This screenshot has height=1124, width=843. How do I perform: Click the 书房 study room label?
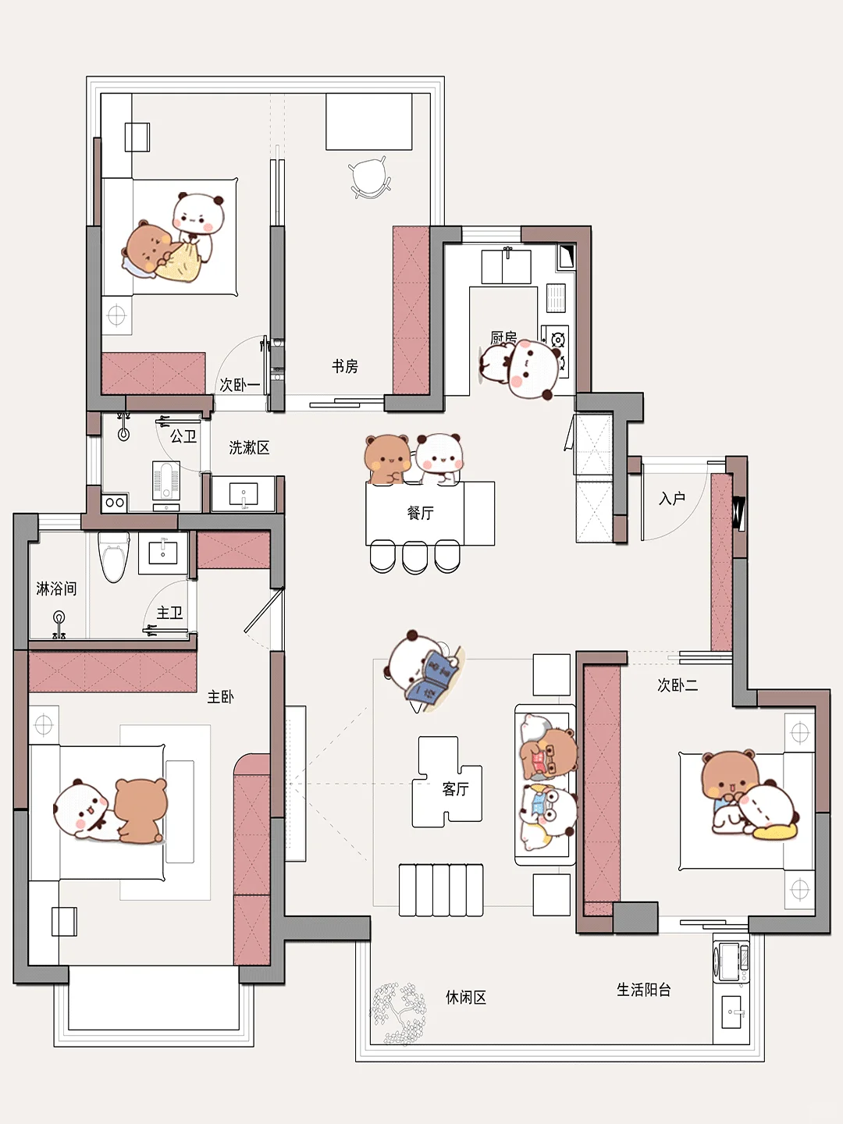(x=344, y=366)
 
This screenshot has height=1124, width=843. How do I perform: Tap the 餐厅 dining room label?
(x=420, y=513)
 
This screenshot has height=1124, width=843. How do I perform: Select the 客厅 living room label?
(x=455, y=788)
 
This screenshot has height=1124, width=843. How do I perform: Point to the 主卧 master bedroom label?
(x=220, y=696)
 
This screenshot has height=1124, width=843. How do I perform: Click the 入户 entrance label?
(x=671, y=498)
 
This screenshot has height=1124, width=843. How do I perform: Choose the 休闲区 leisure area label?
(x=466, y=997)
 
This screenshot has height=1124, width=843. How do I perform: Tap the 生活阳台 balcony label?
(x=643, y=990)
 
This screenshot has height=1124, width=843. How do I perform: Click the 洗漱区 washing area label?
(x=249, y=447)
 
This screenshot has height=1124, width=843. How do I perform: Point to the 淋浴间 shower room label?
(x=56, y=589)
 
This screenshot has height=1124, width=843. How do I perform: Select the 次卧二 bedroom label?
(x=678, y=685)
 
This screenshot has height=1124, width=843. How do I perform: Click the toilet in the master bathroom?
(x=114, y=557)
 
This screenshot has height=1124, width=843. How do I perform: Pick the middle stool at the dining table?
(x=414, y=557)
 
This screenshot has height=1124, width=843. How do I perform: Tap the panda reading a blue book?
(x=423, y=669)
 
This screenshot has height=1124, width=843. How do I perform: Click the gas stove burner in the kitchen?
(x=558, y=340)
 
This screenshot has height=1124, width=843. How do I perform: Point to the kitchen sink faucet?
(x=507, y=252)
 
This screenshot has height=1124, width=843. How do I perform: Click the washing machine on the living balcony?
(x=731, y=962)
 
